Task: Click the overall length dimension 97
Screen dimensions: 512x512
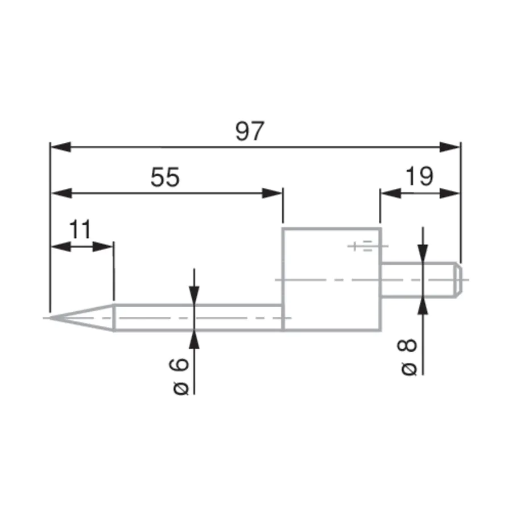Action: tap(250, 131)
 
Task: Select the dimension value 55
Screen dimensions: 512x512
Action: tap(165, 177)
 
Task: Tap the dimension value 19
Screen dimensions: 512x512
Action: tap(420, 176)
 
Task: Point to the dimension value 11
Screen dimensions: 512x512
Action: tap(80, 230)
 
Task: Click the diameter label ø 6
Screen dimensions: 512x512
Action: tap(179, 377)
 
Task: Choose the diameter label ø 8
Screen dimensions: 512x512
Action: tap(407, 357)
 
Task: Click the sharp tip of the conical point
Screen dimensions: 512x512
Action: tap(50, 317)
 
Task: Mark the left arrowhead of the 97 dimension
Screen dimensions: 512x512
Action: tap(61, 147)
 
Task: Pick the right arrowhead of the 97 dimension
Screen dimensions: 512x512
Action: tap(449, 147)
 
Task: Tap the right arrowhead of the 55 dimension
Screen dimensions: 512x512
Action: tap(272, 193)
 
